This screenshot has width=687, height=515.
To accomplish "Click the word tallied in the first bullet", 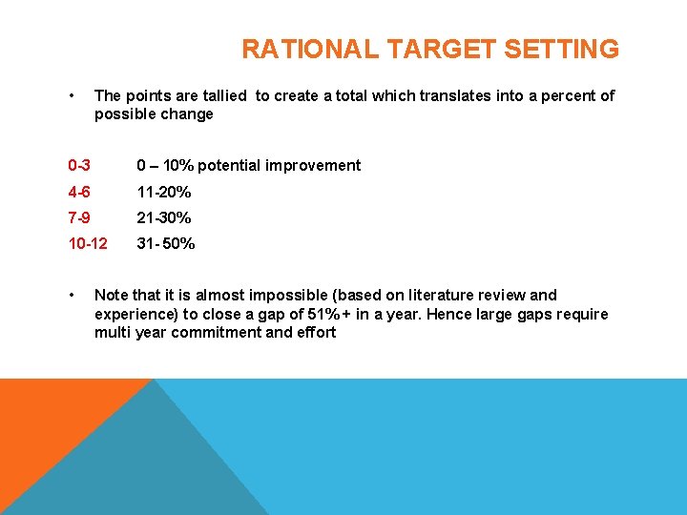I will point(220,95).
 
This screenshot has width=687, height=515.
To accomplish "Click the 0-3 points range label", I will point(79,166).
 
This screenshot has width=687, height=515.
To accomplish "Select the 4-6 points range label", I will point(79,192).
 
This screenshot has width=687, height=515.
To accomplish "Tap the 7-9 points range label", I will point(79,217).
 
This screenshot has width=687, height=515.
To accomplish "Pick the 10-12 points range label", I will point(88,243).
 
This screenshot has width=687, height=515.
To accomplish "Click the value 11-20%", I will point(164,192).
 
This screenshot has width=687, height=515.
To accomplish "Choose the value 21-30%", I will point(164,217).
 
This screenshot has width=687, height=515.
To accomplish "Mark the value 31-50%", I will point(166,243).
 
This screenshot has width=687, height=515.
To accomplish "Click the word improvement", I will point(314,166).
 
